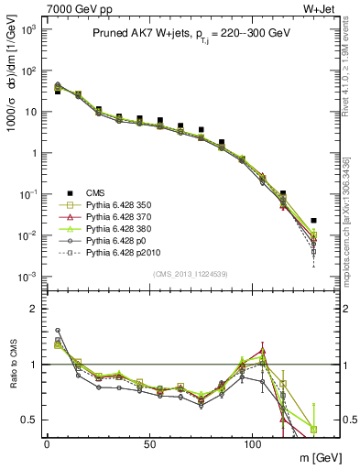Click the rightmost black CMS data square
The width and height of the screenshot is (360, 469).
313,221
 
